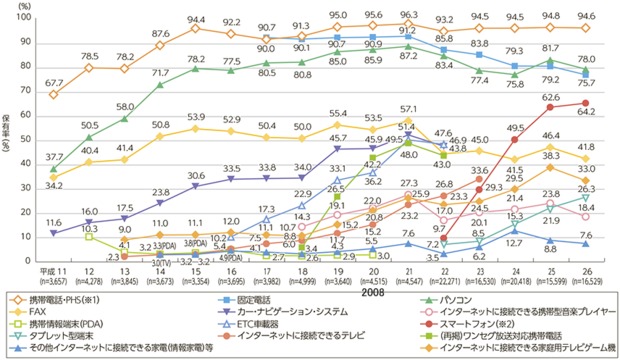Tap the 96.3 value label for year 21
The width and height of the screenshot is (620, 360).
click(x=406, y=16)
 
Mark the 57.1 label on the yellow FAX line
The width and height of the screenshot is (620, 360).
click(x=407, y=108)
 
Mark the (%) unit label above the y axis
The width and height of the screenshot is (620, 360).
click(x=26, y=7)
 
